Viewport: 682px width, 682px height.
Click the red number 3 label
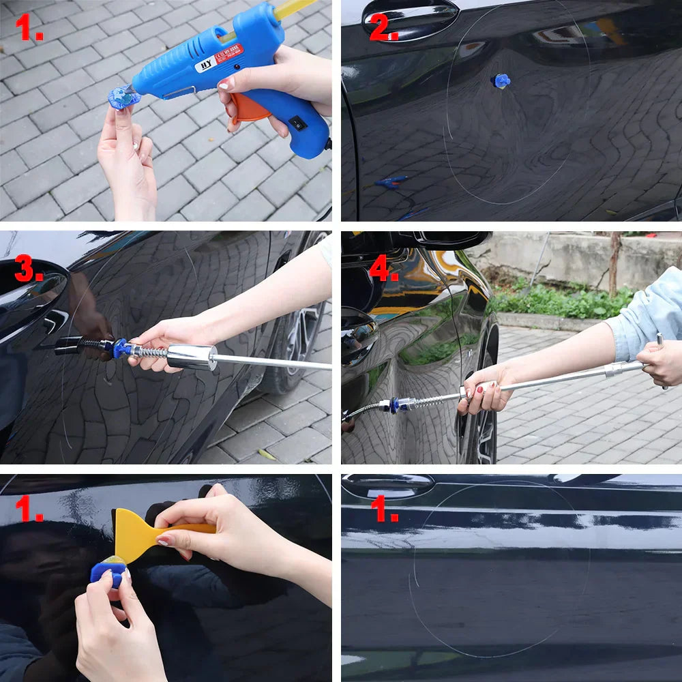(x=29, y=270)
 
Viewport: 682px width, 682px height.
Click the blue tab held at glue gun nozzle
(x=123, y=99)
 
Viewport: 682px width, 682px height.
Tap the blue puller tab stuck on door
(x=502, y=81)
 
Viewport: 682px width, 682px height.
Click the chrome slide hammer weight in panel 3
(x=192, y=357)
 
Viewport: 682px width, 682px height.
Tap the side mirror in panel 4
(x=450, y=240)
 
